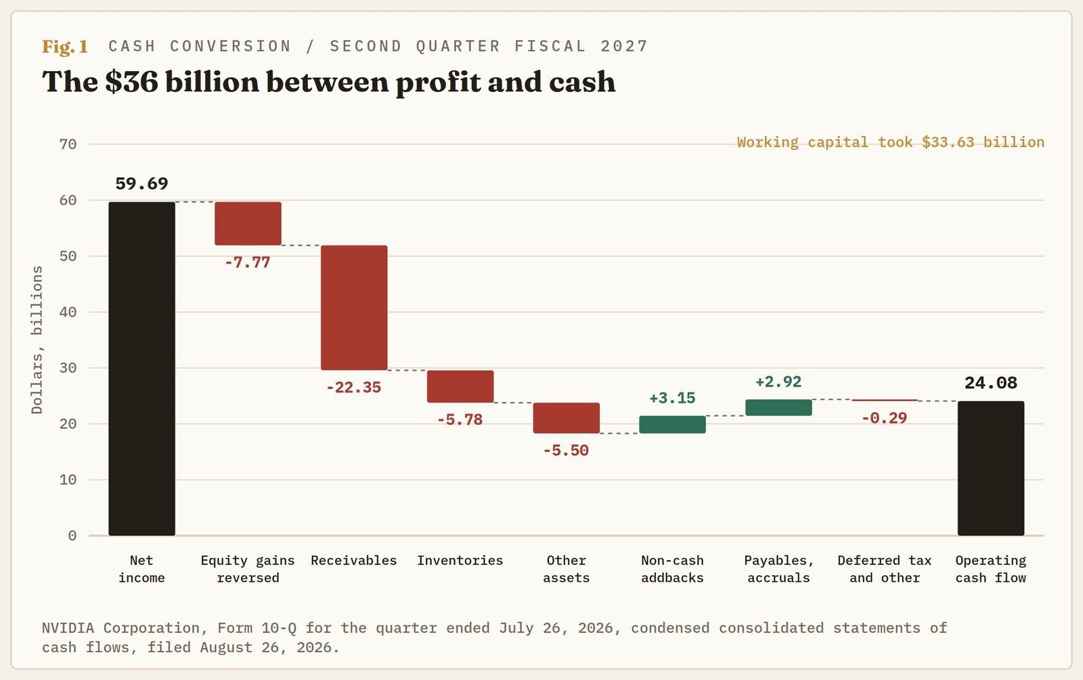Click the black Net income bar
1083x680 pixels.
(x=141, y=369)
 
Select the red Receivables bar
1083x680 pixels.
(x=354, y=308)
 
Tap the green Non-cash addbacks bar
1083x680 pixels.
(x=673, y=424)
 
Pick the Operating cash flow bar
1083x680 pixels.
(x=991, y=468)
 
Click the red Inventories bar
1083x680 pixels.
(x=460, y=386)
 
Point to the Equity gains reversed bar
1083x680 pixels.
(x=248, y=224)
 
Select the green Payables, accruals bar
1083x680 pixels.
(x=778, y=407)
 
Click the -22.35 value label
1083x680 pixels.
(x=354, y=388)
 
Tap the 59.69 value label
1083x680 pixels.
(x=141, y=183)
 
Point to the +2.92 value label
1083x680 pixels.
(x=778, y=382)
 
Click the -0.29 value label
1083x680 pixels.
(x=884, y=418)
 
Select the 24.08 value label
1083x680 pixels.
(x=991, y=383)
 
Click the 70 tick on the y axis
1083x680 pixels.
(x=68, y=144)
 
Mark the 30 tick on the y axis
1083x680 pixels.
(x=68, y=368)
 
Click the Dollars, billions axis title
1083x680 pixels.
(x=37, y=340)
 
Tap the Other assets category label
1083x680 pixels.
(x=566, y=569)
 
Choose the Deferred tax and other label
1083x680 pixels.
(x=884, y=569)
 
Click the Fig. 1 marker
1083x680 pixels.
(x=65, y=47)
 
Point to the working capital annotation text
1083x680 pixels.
(x=891, y=142)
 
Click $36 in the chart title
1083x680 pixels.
(x=131, y=81)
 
